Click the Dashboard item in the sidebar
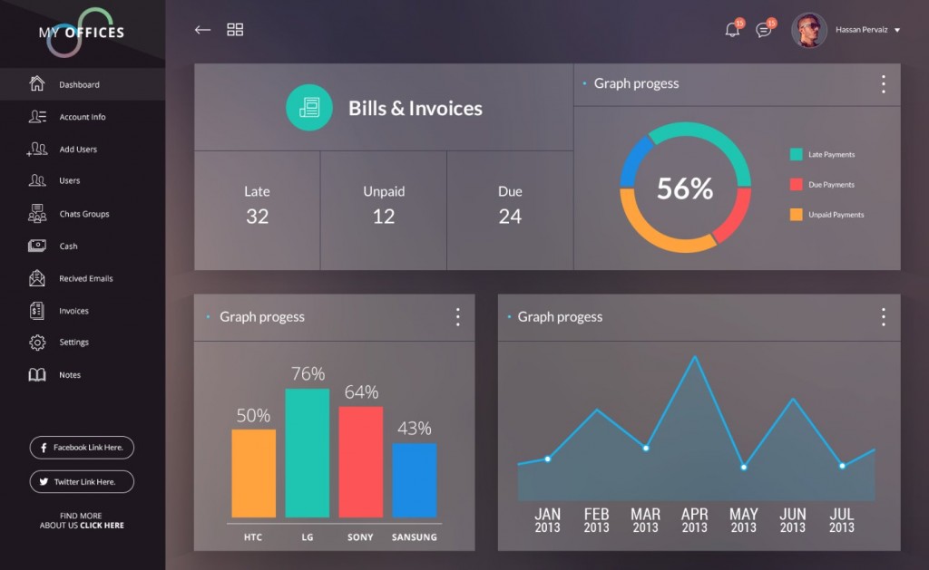point(79,84)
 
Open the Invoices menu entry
point(73,311)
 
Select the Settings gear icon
point(37,343)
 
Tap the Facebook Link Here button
point(82,448)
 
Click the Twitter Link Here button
point(82,481)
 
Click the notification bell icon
point(732,30)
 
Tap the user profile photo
point(808,30)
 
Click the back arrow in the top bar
point(202,30)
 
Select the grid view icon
point(235,30)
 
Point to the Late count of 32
point(257,217)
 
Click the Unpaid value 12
point(384,217)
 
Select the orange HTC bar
point(253,473)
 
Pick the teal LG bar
point(307,453)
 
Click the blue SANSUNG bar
point(414,480)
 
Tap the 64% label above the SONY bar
point(361,392)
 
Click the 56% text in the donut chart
point(685,188)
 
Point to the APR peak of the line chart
point(695,356)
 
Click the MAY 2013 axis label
point(743,520)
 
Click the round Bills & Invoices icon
point(308,108)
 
